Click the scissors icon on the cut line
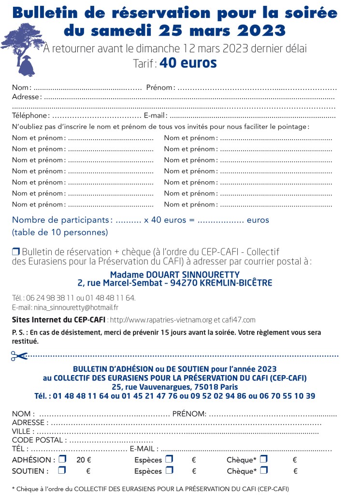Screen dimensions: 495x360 [19, 356]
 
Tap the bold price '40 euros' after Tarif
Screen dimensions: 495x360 [188, 63]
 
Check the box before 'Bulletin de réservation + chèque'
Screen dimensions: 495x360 [16, 251]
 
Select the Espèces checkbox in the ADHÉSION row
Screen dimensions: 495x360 [169, 459]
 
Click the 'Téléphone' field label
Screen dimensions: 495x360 [30, 116]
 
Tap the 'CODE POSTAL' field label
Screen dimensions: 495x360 [38, 440]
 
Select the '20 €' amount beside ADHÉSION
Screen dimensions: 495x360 [84, 460]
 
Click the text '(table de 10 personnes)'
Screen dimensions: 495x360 [60, 232]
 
